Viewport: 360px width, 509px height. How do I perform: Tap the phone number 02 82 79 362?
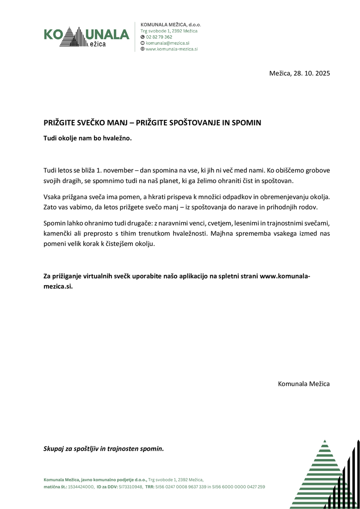point(159,37)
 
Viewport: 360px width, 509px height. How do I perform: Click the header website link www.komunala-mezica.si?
point(172,49)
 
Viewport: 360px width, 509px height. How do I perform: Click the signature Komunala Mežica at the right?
point(304,384)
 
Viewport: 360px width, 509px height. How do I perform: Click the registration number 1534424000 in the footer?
point(81,487)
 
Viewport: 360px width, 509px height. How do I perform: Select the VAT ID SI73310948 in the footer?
point(130,487)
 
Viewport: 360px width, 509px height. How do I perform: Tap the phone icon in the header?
point(142,37)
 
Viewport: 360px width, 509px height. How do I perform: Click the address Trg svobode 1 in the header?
point(155,31)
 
